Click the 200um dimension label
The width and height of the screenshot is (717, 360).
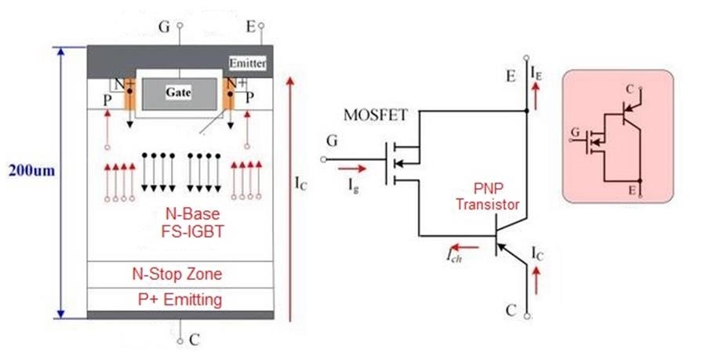(x=31, y=171)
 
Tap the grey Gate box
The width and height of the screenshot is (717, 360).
(x=180, y=94)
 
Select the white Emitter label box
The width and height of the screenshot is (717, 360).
(x=247, y=63)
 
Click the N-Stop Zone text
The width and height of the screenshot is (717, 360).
(x=177, y=274)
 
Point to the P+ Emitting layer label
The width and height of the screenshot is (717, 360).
(x=180, y=300)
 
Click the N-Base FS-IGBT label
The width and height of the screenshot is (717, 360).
(x=192, y=222)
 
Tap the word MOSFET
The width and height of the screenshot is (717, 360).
(x=375, y=115)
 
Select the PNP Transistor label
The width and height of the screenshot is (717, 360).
(x=487, y=197)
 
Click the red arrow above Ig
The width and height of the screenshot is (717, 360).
(x=352, y=169)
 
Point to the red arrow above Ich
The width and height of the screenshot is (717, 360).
(x=465, y=248)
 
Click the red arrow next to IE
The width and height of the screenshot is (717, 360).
(x=536, y=95)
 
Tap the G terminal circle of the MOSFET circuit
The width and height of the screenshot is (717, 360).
(x=324, y=159)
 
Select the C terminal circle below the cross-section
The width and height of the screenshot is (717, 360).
(x=180, y=341)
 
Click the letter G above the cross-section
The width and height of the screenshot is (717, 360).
(x=164, y=27)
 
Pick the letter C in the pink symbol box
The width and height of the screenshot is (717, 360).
(x=630, y=89)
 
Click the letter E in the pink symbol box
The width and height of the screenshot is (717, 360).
(x=632, y=189)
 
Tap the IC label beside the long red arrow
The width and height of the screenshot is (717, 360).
(x=300, y=184)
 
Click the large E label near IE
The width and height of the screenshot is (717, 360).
(x=511, y=75)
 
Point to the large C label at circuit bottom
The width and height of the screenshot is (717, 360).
(x=511, y=311)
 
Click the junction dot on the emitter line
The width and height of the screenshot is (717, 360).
(x=527, y=111)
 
